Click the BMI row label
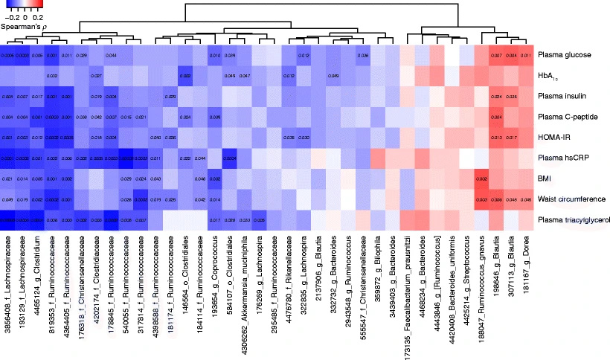546,179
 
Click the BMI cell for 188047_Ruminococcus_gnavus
481,179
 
